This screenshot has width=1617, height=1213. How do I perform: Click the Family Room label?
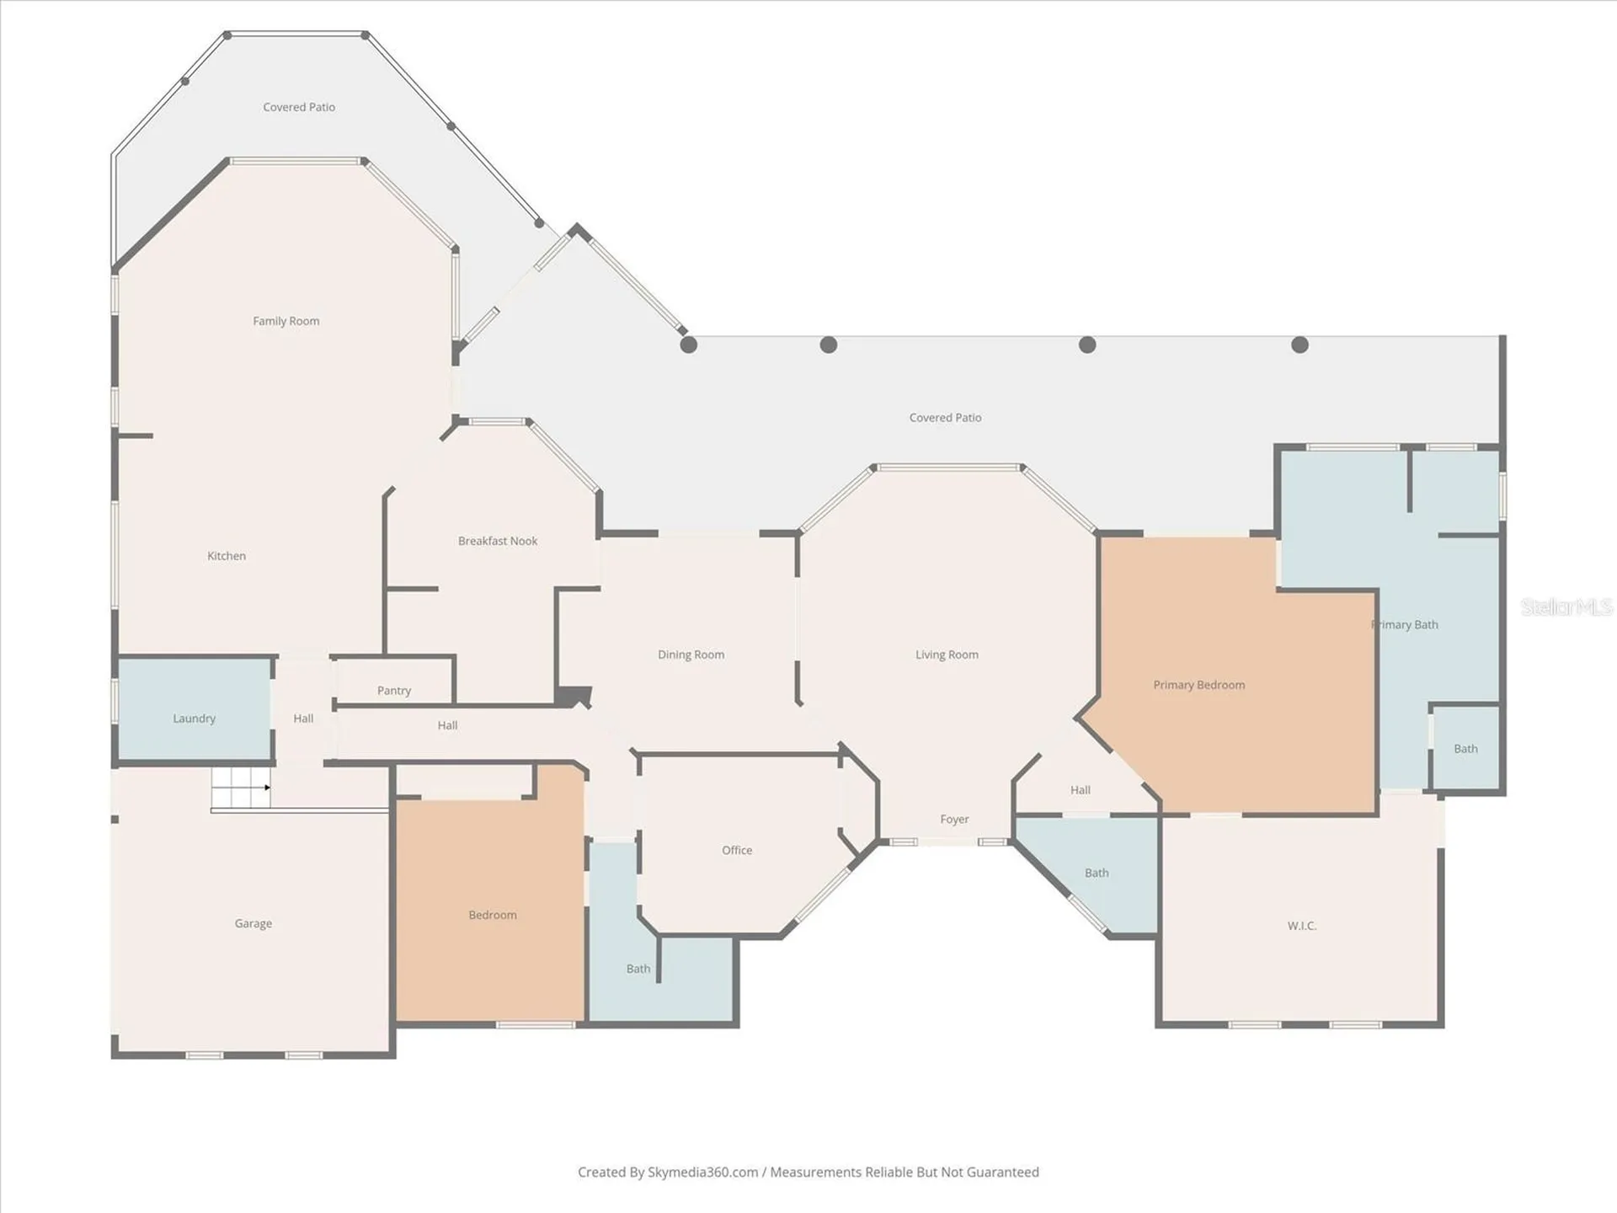click(286, 321)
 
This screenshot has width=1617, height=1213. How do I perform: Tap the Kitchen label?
click(227, 556)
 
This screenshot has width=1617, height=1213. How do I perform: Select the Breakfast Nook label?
click(498, 541)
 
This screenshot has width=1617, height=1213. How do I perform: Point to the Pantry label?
click(394, 691)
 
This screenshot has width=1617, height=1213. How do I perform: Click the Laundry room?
click(195, 709)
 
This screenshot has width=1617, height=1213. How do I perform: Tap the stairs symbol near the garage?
click(241, 788)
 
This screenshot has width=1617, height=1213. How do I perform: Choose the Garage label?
click(253, 924)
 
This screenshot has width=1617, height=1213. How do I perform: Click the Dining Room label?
click(691, 655)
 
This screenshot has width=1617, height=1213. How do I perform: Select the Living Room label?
click(947, 655)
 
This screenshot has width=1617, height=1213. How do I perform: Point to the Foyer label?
click(955, 820)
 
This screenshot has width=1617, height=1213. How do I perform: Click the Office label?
click(737, 851)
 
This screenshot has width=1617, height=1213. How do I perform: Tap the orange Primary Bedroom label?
click(1199, 685)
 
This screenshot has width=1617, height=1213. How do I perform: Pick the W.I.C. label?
click(1302, 926)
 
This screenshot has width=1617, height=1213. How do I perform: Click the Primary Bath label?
click(1405, 625)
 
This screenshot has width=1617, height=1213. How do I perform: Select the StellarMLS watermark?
click(1566, 606)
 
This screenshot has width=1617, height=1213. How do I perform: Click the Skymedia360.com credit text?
click(703, 1173)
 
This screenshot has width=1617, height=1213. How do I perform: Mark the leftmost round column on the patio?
click(689, 345)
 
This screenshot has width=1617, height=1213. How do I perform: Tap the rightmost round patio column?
click(1300, 345)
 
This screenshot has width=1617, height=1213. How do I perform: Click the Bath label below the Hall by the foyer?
click(1097, 874)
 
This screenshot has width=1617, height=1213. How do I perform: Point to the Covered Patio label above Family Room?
click(299, 107)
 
